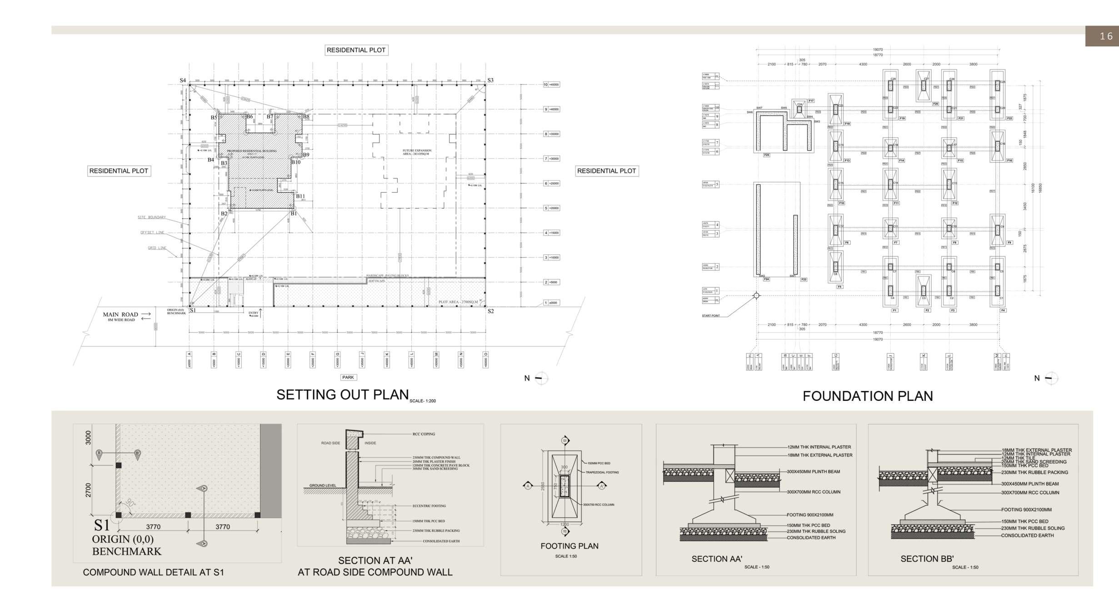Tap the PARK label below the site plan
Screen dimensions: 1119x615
348,377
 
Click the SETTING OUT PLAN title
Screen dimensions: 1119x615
342,395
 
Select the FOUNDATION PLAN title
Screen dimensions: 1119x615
867,396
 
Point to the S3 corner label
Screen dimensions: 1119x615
490,80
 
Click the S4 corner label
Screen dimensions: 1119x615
183,80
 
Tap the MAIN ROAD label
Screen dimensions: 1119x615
120,315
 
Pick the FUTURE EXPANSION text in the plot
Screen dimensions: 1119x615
417,151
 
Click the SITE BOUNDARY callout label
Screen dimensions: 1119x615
152,217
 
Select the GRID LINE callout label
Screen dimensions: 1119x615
157,248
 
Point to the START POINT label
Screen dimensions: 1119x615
711,315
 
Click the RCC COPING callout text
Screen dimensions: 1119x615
424,434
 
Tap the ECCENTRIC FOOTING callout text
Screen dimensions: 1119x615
429,506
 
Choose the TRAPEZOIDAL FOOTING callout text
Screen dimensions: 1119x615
602,472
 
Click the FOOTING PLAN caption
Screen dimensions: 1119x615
569,546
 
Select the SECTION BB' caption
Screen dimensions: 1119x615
927,559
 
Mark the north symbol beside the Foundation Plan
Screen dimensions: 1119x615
1051,378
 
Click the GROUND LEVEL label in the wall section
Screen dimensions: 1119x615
323,485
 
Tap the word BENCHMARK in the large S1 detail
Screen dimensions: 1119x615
126,551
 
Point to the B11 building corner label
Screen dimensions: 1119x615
300,196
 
